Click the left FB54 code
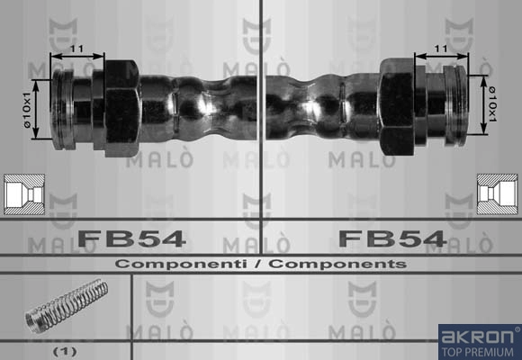[x=131, y=238]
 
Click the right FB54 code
[x=392, y=238]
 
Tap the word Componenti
[x=181, y=264]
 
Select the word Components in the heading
[x=337, y=264]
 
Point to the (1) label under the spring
[x=65, y=351]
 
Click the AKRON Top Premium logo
[x=480, y=342]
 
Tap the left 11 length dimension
[x=76, y=49]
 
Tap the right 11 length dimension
[x=441, y=49]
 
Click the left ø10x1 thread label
[x=27, y=110]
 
